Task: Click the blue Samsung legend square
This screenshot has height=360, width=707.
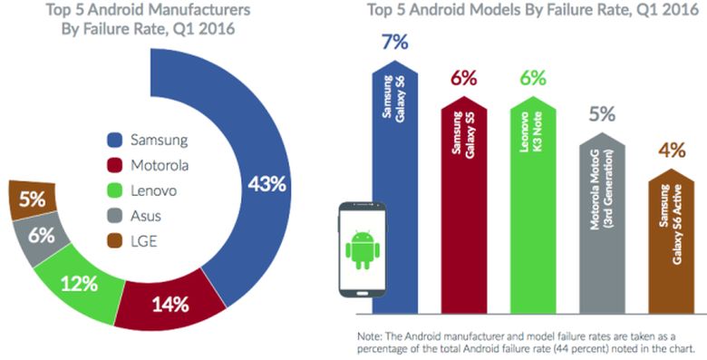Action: (x=115, y=141)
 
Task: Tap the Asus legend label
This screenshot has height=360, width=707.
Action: (x=147, y=217)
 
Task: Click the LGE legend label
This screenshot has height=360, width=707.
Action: (x=145, y=242)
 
